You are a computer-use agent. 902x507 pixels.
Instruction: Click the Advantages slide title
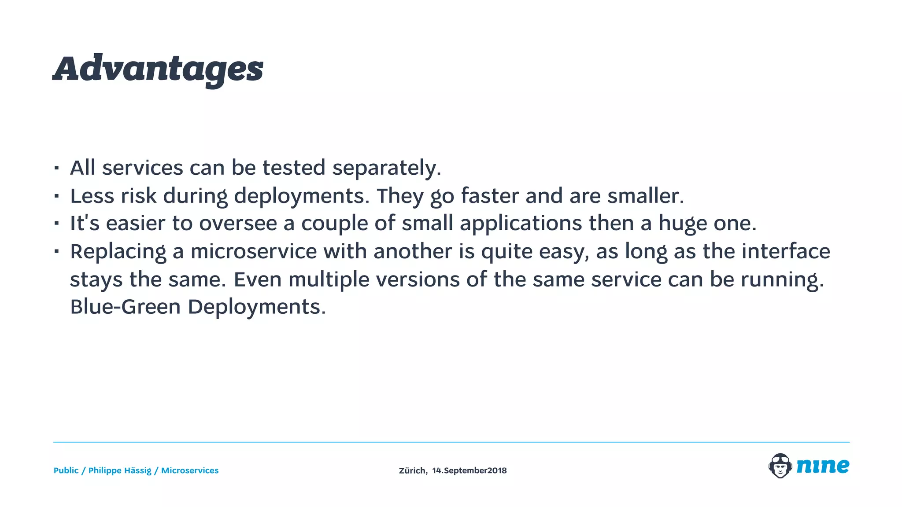click(158, 70)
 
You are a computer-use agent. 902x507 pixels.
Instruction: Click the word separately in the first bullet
click(386, 168)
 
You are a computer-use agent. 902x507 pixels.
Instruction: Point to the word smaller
click(645, 196)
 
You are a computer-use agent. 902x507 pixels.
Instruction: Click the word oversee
click(238, 224)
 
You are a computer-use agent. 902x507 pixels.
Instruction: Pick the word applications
click(521, 224)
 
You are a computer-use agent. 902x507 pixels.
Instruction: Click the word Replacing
click(118, 252)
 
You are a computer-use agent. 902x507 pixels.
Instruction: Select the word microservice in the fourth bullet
click(254, 252)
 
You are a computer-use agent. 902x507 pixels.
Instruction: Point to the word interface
click(786, 252)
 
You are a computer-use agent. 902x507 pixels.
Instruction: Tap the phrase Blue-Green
click(125, 307)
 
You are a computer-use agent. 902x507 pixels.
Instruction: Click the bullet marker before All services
click(56, 168)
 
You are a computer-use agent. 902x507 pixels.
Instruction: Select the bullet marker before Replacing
click(56, 252)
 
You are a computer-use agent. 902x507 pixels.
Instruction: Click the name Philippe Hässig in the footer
click(119, 470)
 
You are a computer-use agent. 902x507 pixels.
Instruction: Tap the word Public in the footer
click(66, 470)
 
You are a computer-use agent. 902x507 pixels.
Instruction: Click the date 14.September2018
click(469, 470)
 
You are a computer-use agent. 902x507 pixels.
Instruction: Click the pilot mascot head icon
click(780, 466)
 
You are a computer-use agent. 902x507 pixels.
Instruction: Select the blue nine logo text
click(823, 466)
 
